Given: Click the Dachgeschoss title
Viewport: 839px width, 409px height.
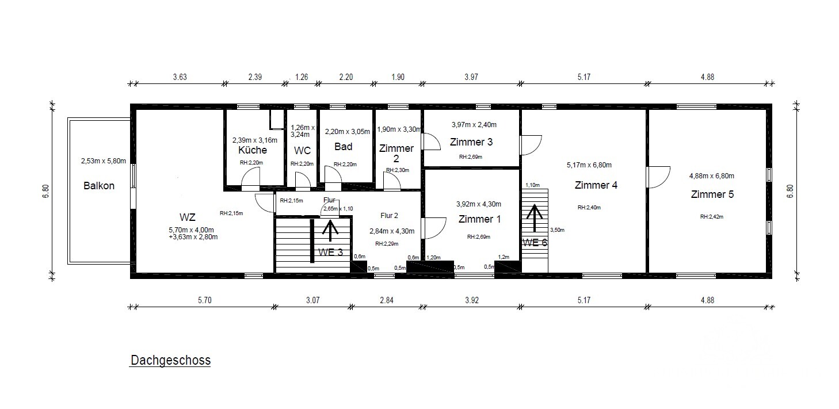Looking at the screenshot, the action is (x=170, y=360).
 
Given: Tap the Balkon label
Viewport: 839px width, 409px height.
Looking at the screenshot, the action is (x=99, y=186).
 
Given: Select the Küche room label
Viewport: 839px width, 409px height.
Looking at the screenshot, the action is (x=253, y=150).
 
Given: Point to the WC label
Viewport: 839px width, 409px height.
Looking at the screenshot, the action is (x=302, y=151).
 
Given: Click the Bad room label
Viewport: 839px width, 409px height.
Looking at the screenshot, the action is (x=344, y=147).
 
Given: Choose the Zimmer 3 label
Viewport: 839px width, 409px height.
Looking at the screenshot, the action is (x=471, y=142).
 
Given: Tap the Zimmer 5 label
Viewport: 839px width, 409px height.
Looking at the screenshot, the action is (x=712, y=194).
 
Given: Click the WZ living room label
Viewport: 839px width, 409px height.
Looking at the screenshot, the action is (x=187, y=217).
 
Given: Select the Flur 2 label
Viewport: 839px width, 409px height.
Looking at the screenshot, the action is (x=389, y=216).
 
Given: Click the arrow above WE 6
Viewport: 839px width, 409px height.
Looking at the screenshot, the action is (x=534, y=218).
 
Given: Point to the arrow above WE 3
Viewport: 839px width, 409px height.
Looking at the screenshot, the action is (x=330, y=231).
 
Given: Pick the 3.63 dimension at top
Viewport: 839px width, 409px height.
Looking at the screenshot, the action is (x=180, y=77).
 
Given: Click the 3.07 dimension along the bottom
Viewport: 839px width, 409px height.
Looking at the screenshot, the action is (x=312, y=300).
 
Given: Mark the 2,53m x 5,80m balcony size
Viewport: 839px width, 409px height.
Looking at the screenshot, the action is (x=104, y=161).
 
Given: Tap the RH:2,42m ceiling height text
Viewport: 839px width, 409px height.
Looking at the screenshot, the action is (x=712, y=216).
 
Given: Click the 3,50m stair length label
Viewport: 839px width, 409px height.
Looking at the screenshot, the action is (x=558, y=230).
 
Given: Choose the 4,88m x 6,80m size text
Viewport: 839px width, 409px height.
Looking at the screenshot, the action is (x=712, y=175).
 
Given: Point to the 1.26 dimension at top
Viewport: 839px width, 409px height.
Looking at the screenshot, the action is (x=302, y=77).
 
